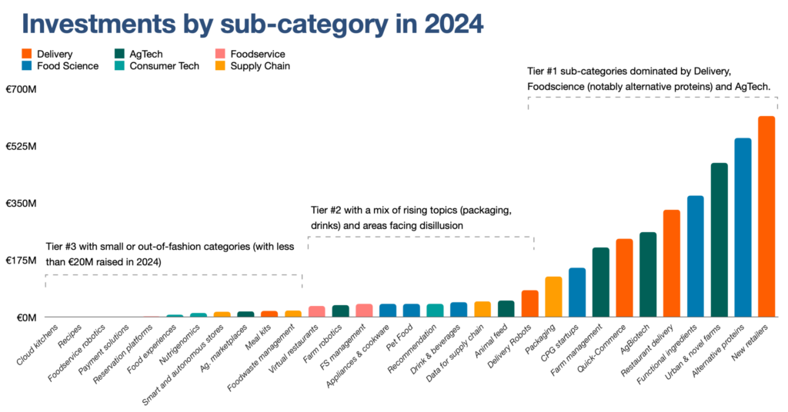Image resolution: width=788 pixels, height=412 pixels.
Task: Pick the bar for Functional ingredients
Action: pyautogui.click(x=695, y=257)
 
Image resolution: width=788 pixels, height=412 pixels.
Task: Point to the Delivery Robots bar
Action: pyautogui.click(x=529, y=304)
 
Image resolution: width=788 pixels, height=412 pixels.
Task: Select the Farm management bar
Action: pyautogui.click(x=600, y=282)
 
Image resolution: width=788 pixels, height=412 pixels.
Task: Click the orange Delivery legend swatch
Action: pyautogui.click(x=26, y=55)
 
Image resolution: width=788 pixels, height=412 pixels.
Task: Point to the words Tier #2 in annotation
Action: pyautogui.click(x=330, y=210)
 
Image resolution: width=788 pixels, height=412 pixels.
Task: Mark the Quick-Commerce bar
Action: pyautogui.click(x=624, y=278)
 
